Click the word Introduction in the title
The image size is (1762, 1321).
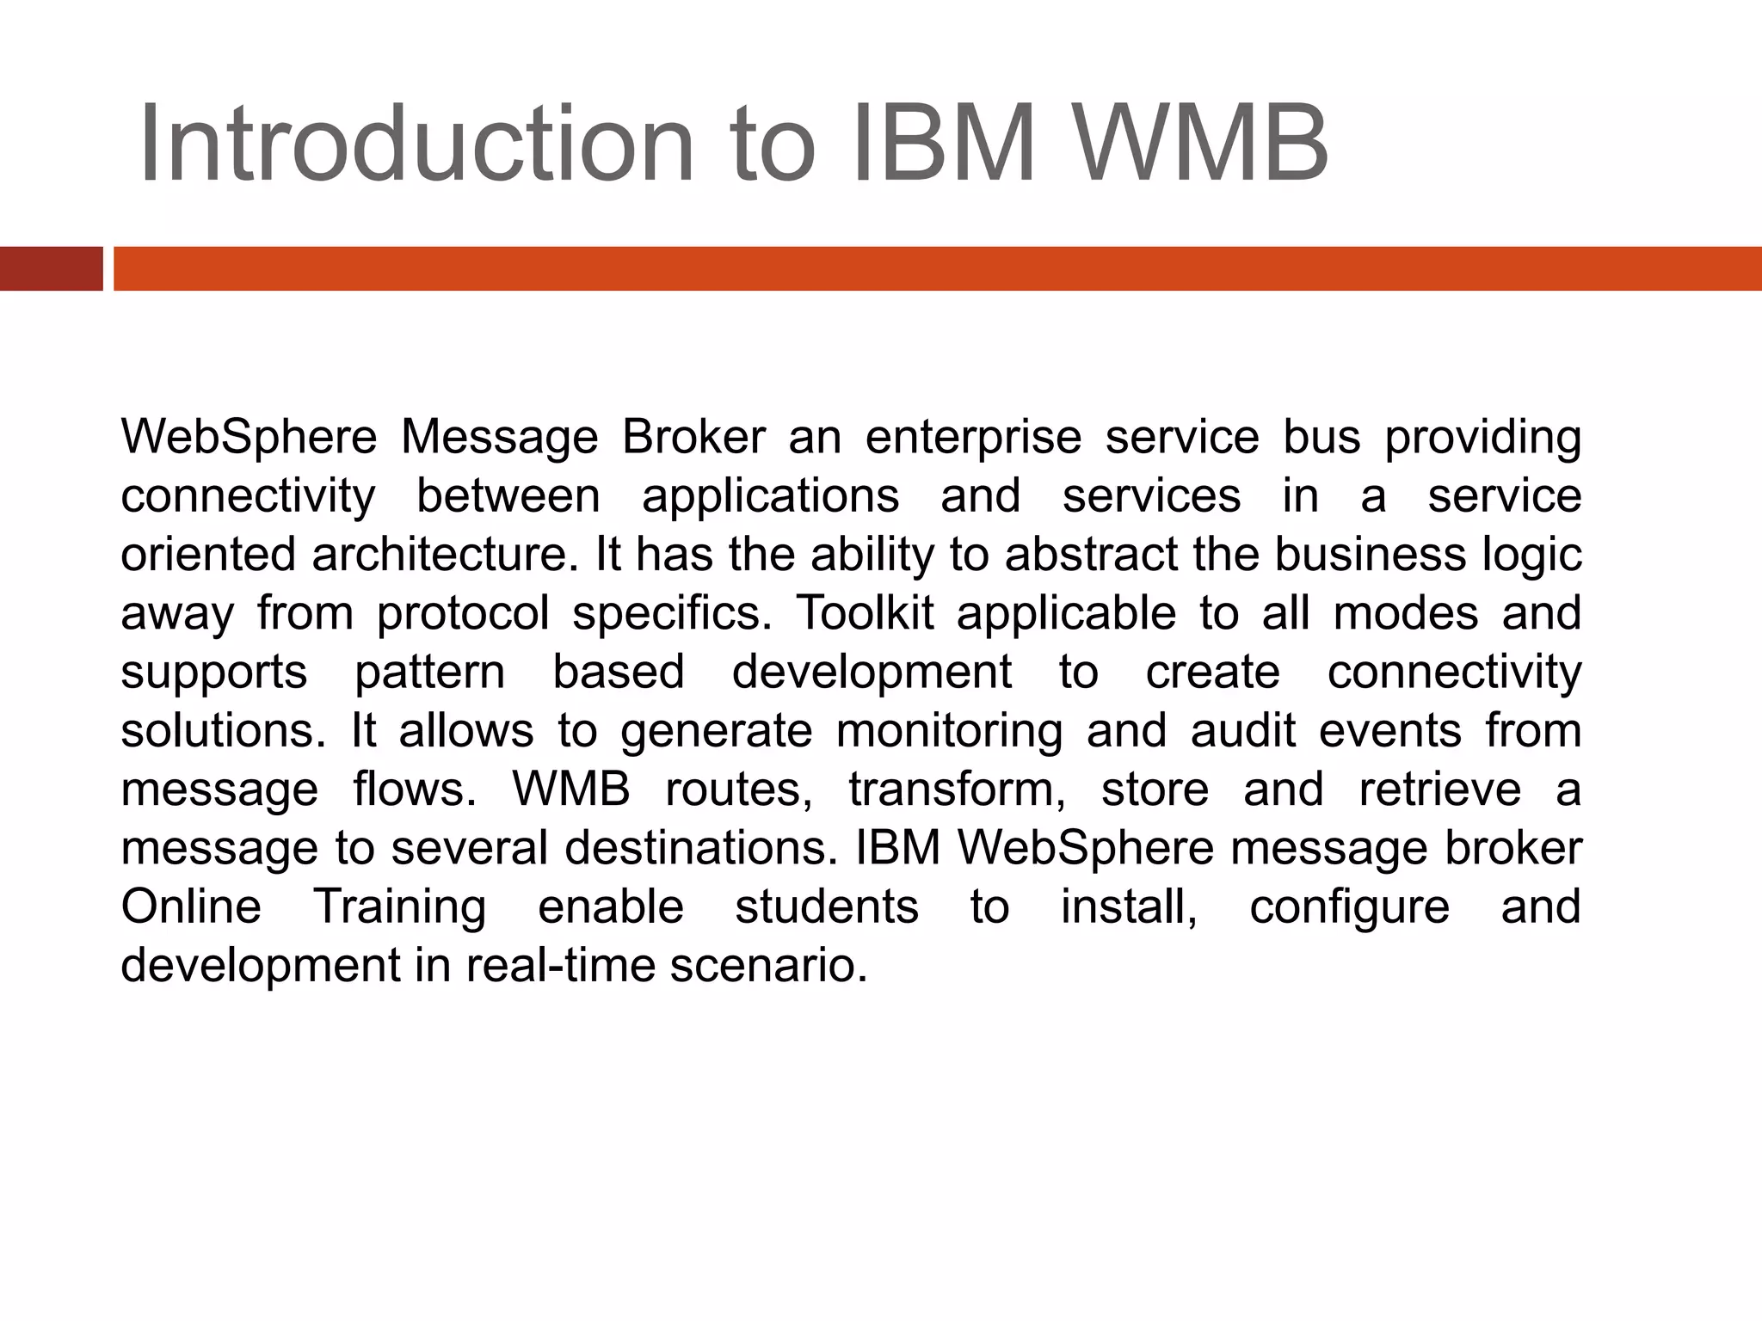[416, 144]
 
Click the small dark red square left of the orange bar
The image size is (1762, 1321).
[51, 268]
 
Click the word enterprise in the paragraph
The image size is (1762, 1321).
[973, 438]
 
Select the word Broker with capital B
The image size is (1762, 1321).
[693, 438]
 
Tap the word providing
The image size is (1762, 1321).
[1482, 438]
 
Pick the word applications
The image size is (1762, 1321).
[771, 496]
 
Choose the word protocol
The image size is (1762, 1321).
[463, 613]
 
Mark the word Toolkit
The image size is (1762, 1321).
[865, 613]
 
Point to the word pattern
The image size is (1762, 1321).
[430, 672]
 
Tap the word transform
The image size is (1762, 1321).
[957, 790]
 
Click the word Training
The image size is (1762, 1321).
[400, 906]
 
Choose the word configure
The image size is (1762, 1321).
[1349, 906]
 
